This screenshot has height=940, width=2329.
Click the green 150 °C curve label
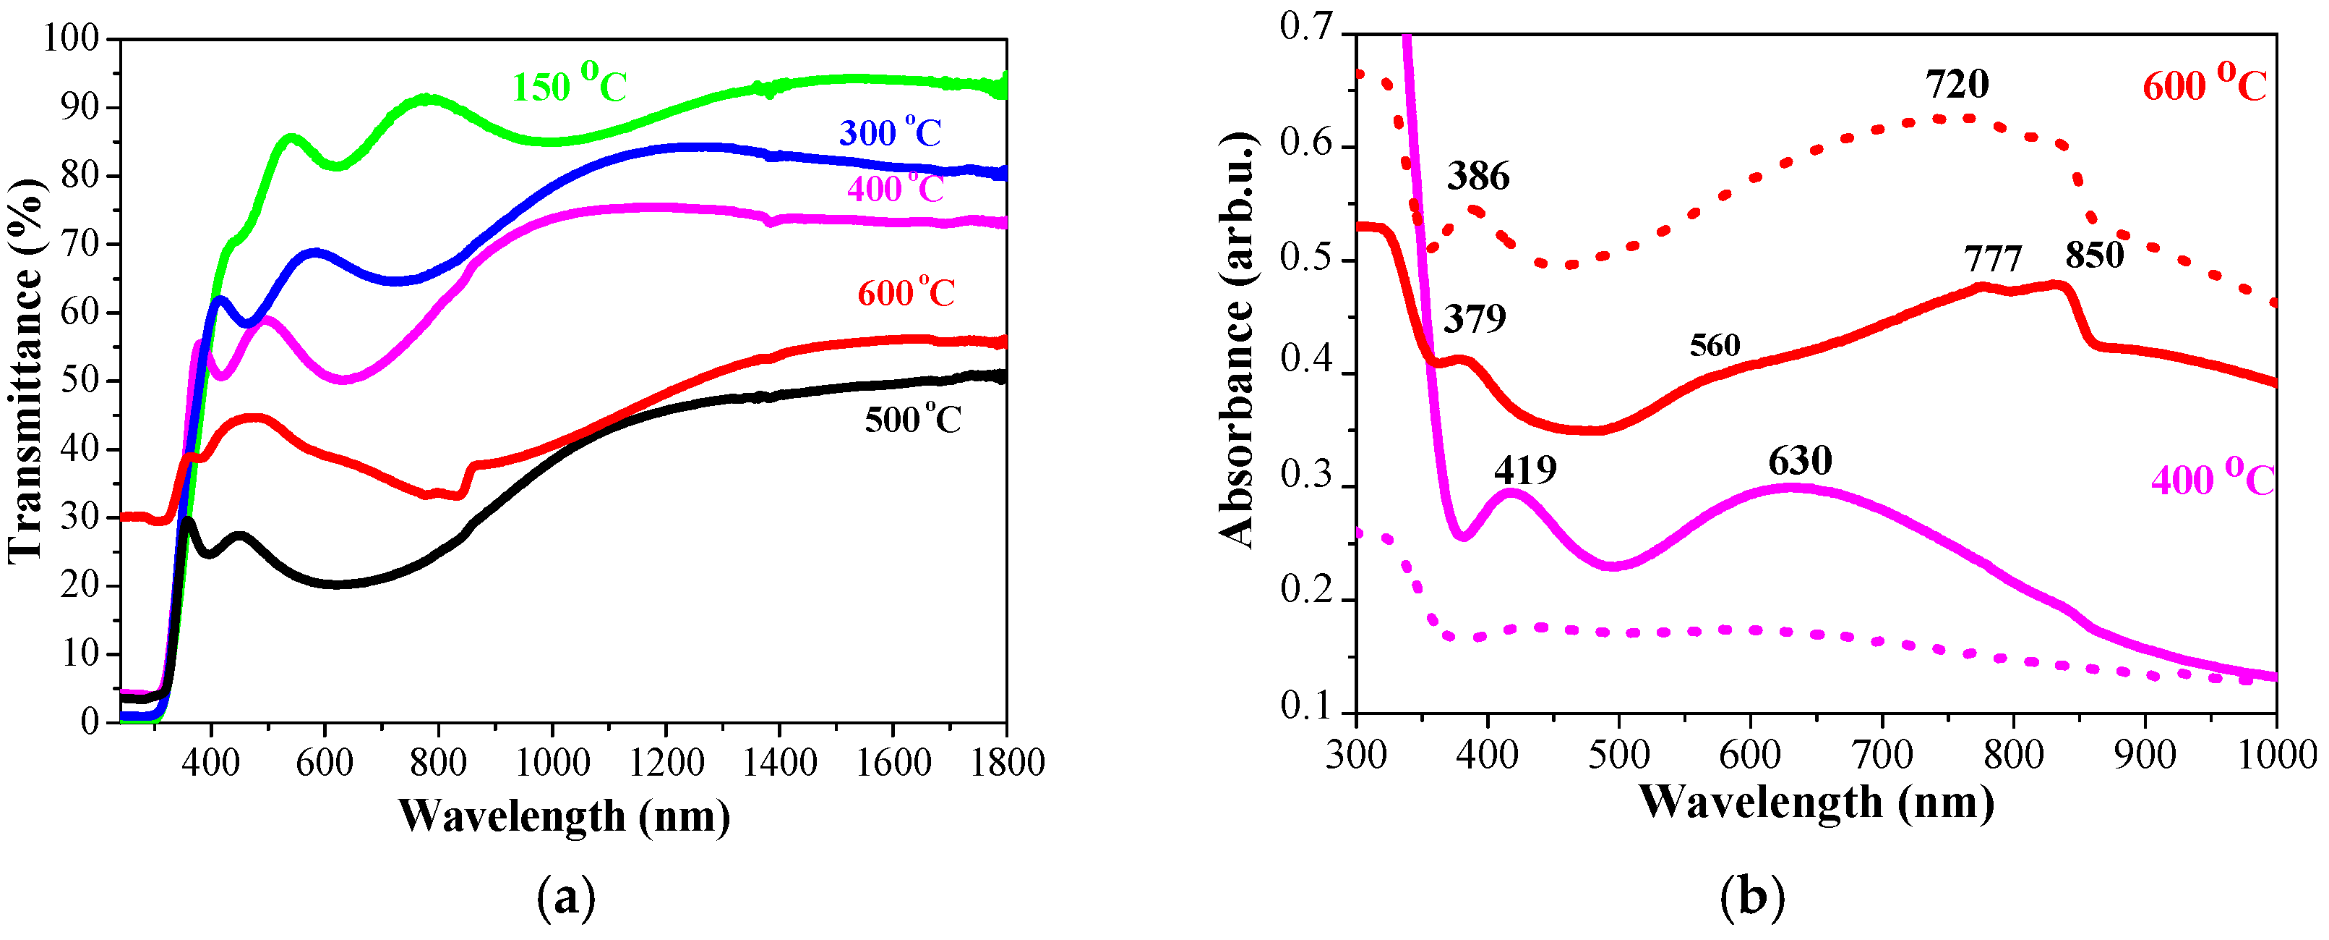(569, 84)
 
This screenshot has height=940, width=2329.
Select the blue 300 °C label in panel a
(891, 133)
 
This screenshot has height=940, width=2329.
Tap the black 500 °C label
(912, 420)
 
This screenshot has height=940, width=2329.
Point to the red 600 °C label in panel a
(906, 293)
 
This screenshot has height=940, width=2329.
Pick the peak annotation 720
(1957, 84)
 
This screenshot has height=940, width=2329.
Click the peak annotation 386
(1478, 177)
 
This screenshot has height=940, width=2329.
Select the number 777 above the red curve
(1993, 260)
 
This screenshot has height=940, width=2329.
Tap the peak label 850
(2094, 255)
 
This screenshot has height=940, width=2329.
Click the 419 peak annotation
(1525, 470)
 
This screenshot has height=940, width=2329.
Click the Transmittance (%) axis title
(27, 371)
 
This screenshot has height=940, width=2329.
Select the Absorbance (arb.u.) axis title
(1237, 339)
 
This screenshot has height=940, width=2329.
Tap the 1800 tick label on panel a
(1007, 763)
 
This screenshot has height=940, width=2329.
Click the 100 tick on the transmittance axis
(71, 38)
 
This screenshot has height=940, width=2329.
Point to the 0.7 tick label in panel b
(1305, 27)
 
